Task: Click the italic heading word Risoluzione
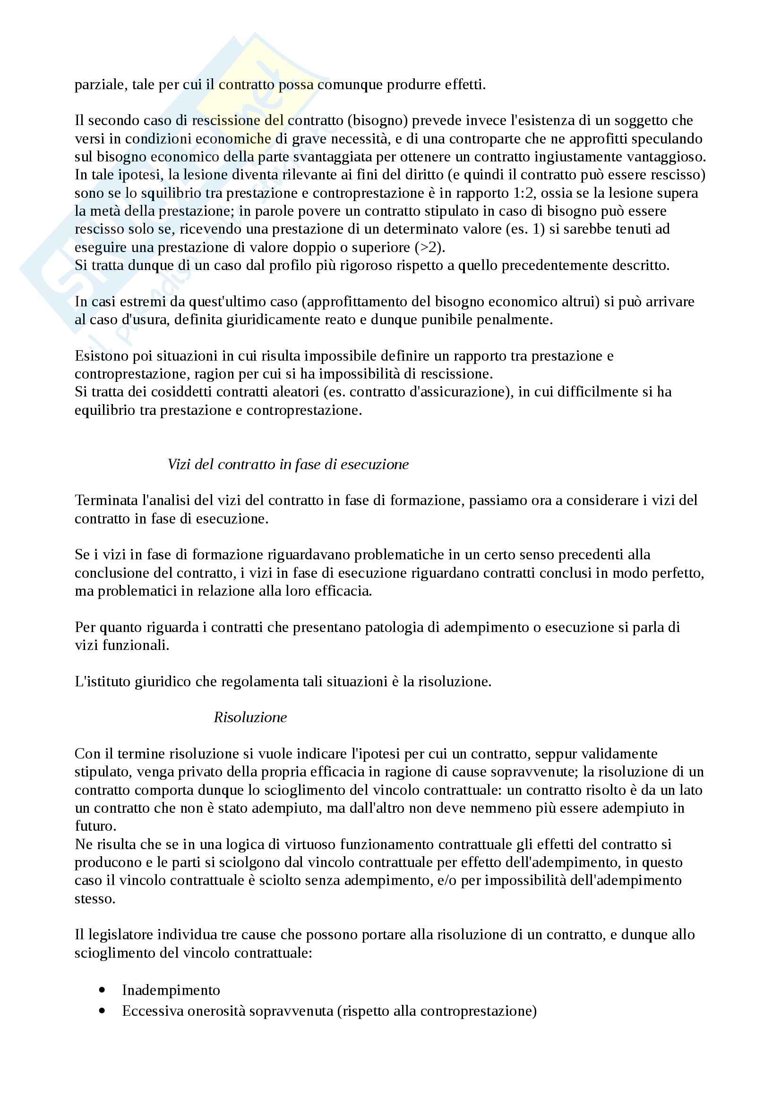pos(250,717)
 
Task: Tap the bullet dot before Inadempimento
pos(102,990)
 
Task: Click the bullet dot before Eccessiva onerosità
pos(102,1011)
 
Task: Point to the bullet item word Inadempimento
pos(171,990)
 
